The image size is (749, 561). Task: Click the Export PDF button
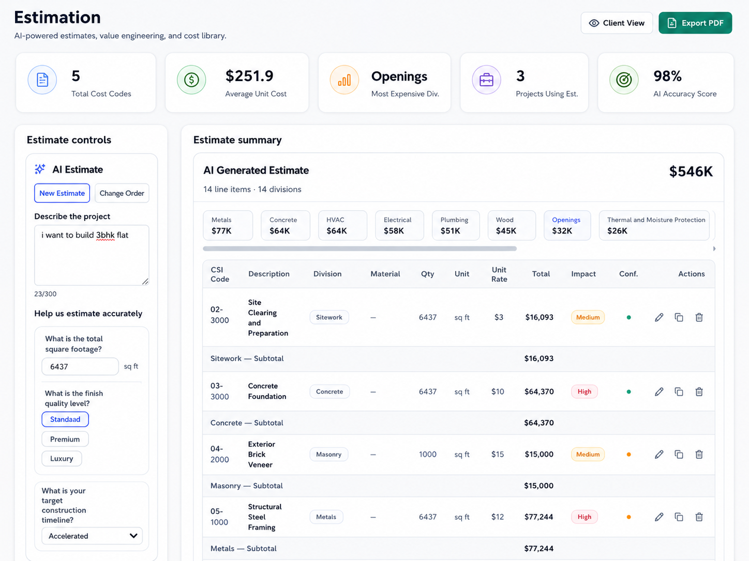pyautogui.click(x=695, y=23)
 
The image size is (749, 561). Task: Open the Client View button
pyautogui.click(x=617, y=23)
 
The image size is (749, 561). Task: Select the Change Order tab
pyautogui.click(x=122, y=193)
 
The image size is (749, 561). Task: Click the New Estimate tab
pyautogui.click(x=62, y=193)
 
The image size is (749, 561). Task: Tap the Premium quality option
pyautogui.click(x=65, y=439)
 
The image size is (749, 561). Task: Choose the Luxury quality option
pyautogui.click(x=62, y=459)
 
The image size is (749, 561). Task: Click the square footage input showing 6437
pyautogui.click(x=80, y=366)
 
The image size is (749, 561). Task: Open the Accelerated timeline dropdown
pyautogui.click(x=92, y=536)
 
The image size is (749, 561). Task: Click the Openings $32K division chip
pyautogui.click(x=567, y=225)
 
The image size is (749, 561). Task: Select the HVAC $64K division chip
pyautogui.click(x=342, y=225)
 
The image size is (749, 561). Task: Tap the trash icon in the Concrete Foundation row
pyautogui.click(x=699, y=392)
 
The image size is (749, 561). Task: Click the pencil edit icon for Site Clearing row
pyautogui.click(x=659, y=318)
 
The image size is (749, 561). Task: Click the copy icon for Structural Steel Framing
pyautogui.click(x=679, y=517)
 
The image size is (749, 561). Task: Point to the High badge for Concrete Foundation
pyautogui.click(x=584, y=392)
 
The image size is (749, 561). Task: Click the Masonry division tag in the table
pyautogui.click(x=328, y=455)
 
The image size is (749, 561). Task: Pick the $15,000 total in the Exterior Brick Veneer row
pyautogui.click(x=539, y=455)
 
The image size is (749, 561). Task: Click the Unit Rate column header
pyautogui.click(x=499, y=274)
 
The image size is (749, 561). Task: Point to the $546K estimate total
pyautogui.click(x=691, y=172)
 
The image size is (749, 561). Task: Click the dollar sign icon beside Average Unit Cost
pyautogui.click(x=191, y=80)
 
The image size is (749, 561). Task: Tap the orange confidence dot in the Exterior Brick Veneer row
pyautogui.click(x=628, y=455)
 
